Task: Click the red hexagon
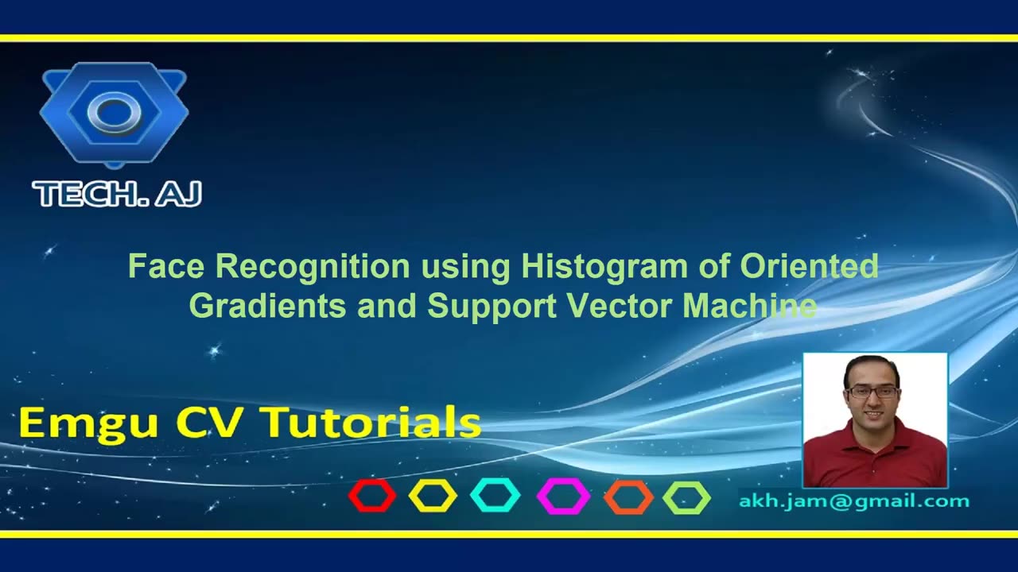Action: tap(372, 496)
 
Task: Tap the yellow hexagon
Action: tap(433, 496)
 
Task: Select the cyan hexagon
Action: tap(495, 496)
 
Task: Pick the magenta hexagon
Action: tap(563, 497)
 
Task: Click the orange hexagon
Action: tap(628, 497)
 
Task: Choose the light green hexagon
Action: tap(686, 497)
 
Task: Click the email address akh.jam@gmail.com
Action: tap(854, 501)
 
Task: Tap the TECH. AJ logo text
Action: tap(117, 194)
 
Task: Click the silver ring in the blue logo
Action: tap(114, 113)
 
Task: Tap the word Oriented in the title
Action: tap(809, 266)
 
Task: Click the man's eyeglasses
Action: tap(872, 392)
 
